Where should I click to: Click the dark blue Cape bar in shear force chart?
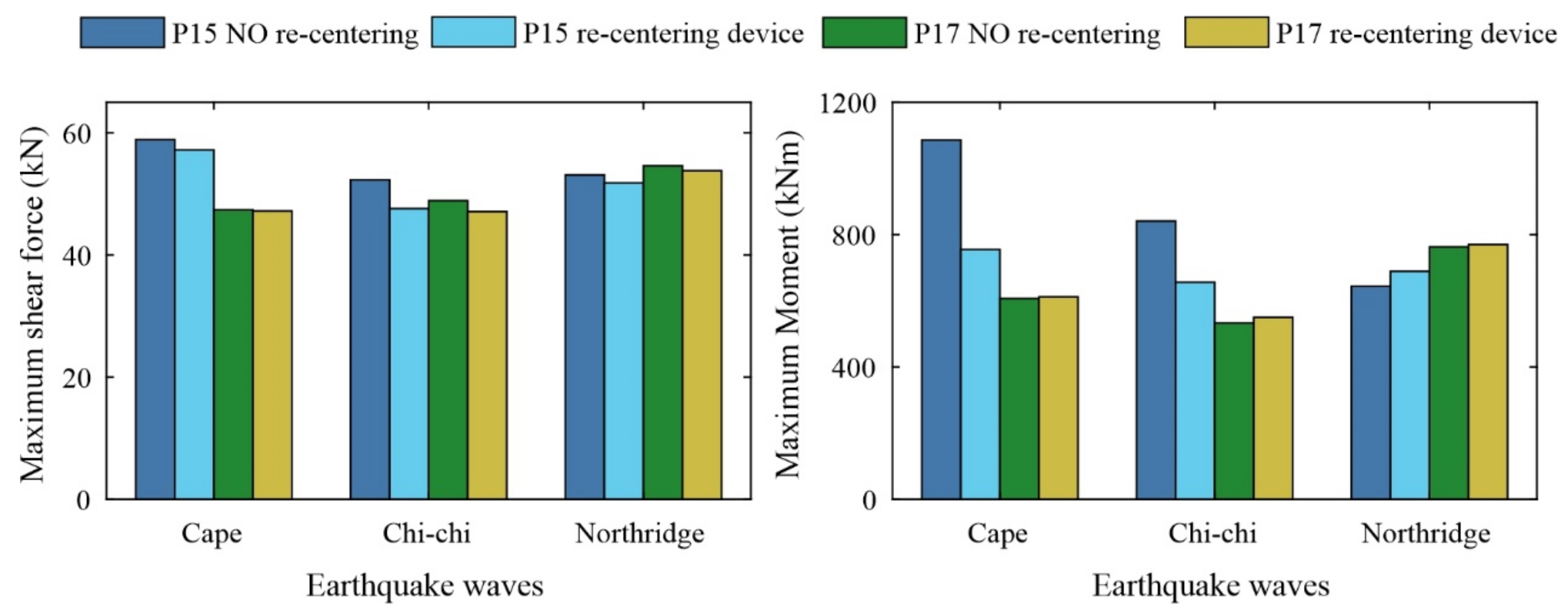[x=155, y=319]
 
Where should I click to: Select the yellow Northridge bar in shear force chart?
[x=702, y=334]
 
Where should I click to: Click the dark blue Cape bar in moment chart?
[x=941, y=319]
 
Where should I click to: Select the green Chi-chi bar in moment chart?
[x=1234, y=411]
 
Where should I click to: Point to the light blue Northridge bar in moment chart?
[x=1410, y=385]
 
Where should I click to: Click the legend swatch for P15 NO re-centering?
[x=122, y=33]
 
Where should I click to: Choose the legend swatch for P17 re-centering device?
[x=1226, y=33]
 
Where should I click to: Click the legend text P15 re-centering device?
[x=663, y=33]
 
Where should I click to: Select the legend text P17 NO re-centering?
[x=1037, y=33]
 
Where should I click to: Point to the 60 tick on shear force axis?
[x=76, y=134]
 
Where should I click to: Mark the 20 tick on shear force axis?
[x=76, y=378]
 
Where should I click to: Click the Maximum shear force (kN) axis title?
[x=33, y=304]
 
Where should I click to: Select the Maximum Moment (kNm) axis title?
[x=789, y=304]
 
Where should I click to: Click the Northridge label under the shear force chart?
[x=640, y=534]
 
